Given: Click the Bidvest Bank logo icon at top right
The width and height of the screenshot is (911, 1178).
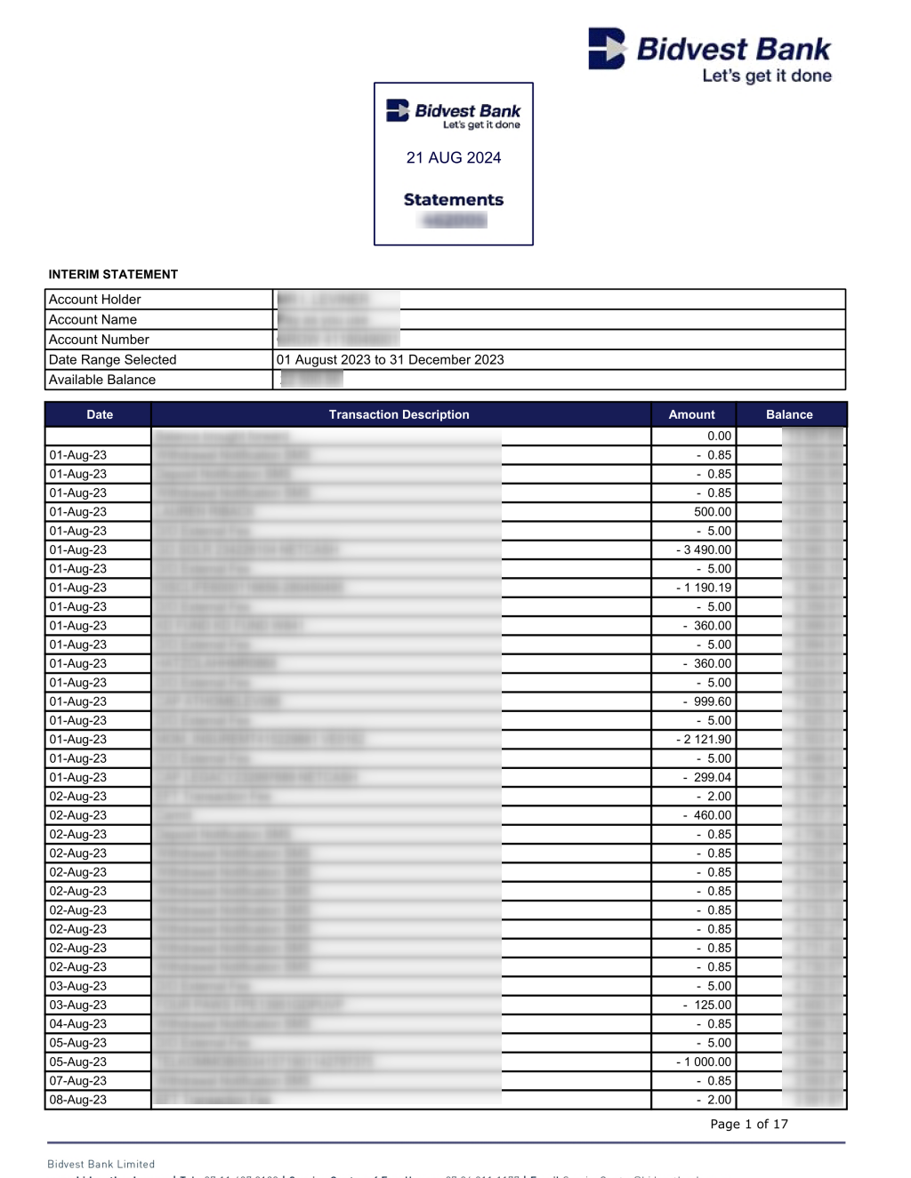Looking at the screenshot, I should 607,48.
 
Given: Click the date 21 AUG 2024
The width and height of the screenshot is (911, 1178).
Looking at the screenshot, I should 454,157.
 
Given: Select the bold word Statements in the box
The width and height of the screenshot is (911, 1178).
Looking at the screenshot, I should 454,200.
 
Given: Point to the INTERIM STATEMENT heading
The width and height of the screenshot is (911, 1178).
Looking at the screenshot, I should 113,274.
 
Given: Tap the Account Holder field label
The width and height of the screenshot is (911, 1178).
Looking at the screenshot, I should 95,300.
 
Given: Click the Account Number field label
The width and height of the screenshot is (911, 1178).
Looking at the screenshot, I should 99,340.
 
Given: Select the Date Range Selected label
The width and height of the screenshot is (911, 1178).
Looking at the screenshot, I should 113,360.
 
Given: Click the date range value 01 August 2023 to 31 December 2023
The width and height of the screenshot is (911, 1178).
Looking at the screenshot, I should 390,360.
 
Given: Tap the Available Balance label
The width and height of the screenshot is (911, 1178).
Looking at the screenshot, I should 102,380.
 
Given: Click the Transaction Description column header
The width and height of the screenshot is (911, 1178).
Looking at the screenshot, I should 399,414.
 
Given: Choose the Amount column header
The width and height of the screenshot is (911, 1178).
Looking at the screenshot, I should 692,414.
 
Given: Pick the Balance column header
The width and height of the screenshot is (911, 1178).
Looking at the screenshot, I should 789,414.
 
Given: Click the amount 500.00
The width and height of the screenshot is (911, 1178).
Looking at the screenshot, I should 713,512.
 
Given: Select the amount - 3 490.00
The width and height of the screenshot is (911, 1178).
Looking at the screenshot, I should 704,550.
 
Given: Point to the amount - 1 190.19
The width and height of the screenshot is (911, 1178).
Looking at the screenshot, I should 704,588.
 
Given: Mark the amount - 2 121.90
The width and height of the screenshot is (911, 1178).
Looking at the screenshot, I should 704,740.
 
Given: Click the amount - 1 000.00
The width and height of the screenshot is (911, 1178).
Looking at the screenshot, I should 704,1062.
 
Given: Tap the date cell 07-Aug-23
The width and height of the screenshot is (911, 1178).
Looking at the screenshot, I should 78,1081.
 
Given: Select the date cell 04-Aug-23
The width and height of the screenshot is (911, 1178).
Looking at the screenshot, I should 78,1024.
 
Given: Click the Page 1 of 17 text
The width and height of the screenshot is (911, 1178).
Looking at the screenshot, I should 749,1124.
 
